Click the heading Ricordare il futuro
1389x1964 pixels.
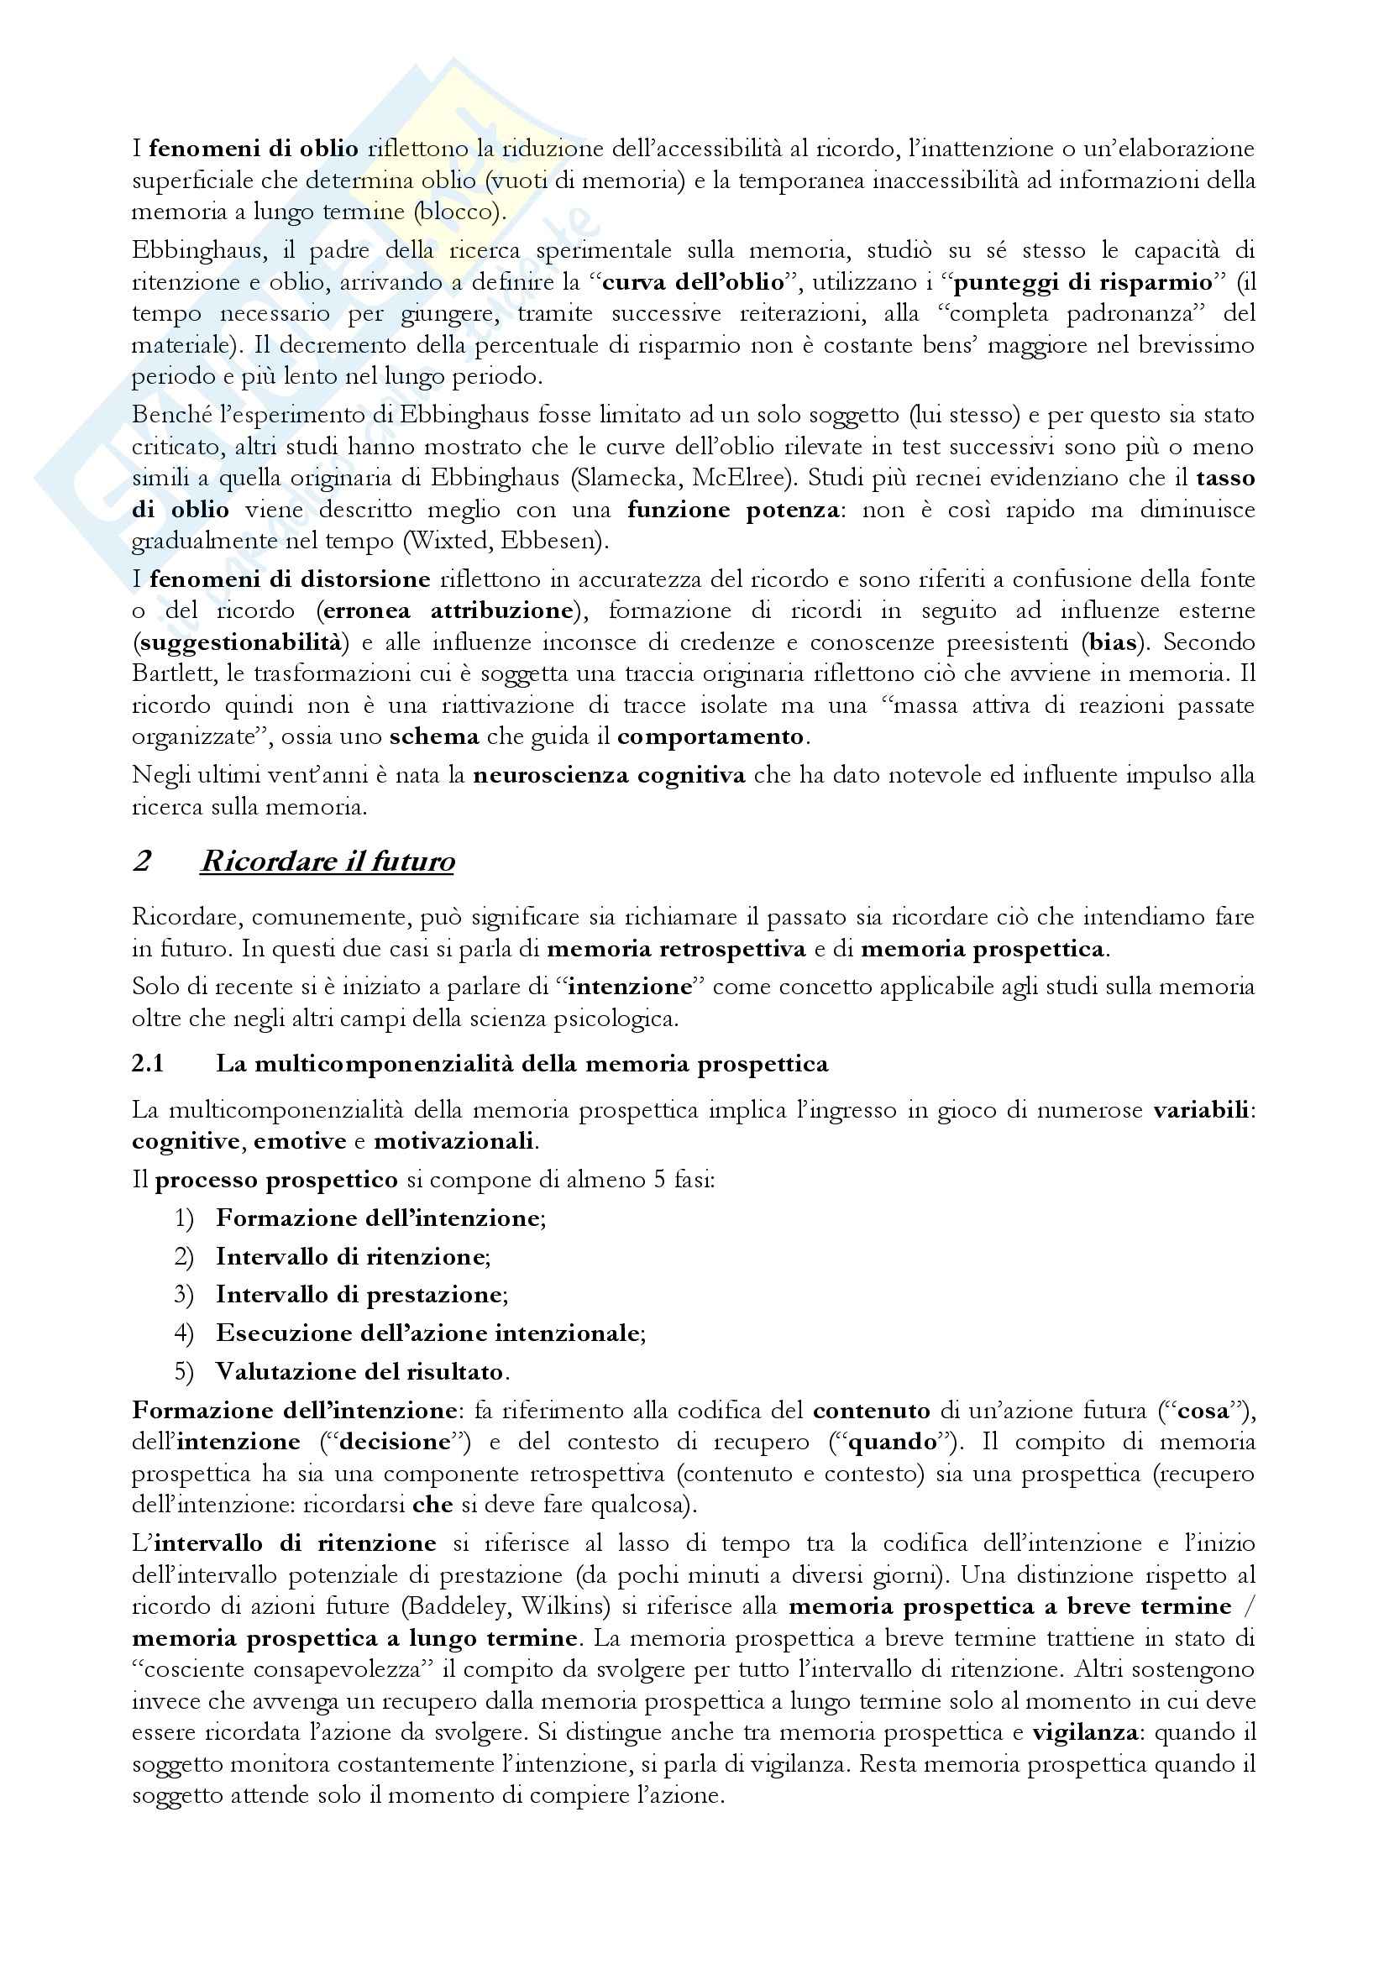pyautogui.click(x=327, y=862)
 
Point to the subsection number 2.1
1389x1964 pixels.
pyautogui.click(x=147, y=1064)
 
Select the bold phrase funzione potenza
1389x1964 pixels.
pyautogui.click(x=732, y=510)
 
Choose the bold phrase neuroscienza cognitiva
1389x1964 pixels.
pyautogui.click(x=609, y=776)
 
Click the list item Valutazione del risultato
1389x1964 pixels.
pyautogui.click(x=359, y=1372)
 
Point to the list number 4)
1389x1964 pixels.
pyautogui.click(x=185, y=1333)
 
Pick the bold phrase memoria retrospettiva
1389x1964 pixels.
pyautogui.click(x=676, y=949)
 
